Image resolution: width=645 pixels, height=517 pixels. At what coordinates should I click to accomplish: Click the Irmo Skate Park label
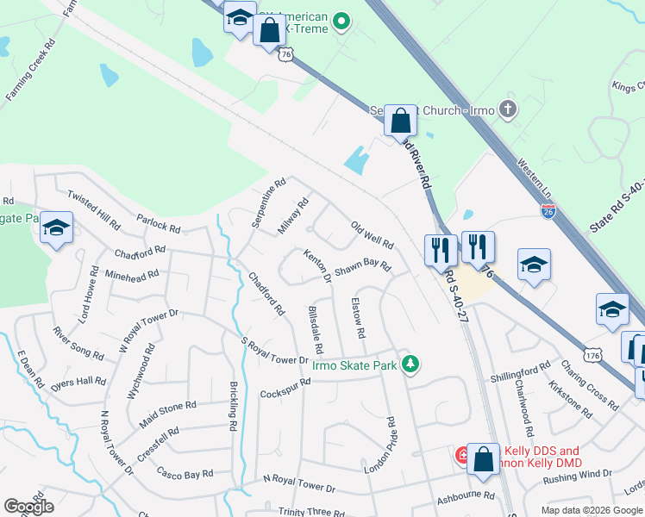pos(354,365)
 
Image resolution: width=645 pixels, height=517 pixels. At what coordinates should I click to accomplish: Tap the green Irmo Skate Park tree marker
pos(412,364)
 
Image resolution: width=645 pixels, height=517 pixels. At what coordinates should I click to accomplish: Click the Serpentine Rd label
pos(269,203)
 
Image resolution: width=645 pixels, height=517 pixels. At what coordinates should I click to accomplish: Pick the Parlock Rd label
pos(158,224)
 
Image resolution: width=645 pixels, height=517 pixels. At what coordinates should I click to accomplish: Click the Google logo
pos(28,507)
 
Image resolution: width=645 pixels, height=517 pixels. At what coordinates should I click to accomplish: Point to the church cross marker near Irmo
pos(509,109)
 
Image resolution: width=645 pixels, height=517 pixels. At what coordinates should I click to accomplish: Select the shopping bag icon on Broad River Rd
pos(401,120)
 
